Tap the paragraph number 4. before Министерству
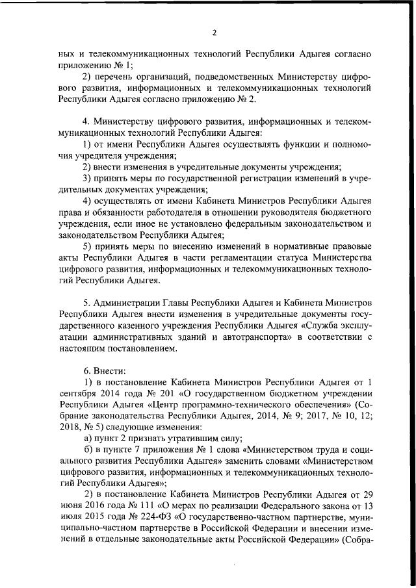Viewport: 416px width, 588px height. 85,121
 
